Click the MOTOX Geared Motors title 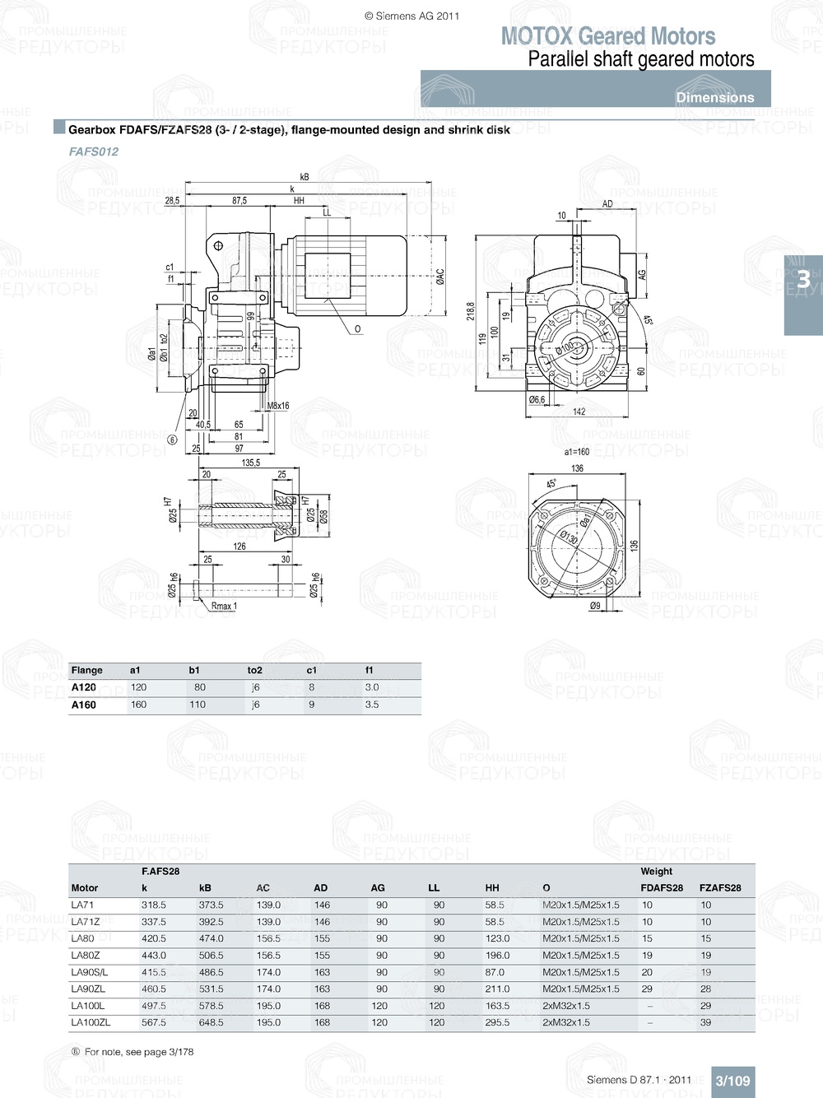click(x=608, y=36)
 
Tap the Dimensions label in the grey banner click(x=714, y=97)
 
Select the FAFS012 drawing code click(x=94, y=151)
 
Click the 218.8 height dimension click(x=471, y=310)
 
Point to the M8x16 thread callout click(x=278, y=406)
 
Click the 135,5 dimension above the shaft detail click(x=250, y=463)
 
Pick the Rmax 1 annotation click(x=224, y=606)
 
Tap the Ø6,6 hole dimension click(x=537, y=399)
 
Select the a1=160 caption click(x=576, y=452)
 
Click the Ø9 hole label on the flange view click(x=595, y=606)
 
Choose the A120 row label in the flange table click(x=83, y=687)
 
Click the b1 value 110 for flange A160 click(x=198, y=705)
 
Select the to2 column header click(x=254, y=670)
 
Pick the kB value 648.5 click(x=211, y=1022)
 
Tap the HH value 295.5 click(x=497, y=1022)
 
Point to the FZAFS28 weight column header click(x=719, y=888)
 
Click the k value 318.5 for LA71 click(x=153, y=905)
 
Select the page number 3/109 click(x=732, y=1081)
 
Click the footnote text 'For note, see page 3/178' click(x=139, y=1052)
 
